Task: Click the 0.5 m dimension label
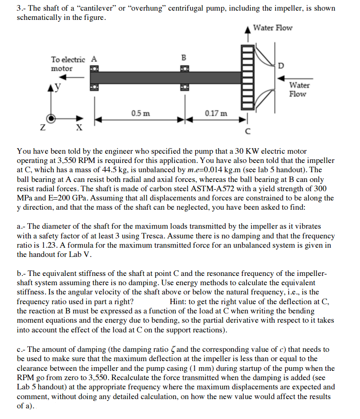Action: [140, 113]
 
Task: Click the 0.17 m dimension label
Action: [216, 113]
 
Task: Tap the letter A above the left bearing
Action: [94, 59]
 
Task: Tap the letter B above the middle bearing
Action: [183, 58]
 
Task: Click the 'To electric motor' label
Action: [68, 64]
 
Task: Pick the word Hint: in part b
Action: [179, 302]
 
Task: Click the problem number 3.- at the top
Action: [21, 9]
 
